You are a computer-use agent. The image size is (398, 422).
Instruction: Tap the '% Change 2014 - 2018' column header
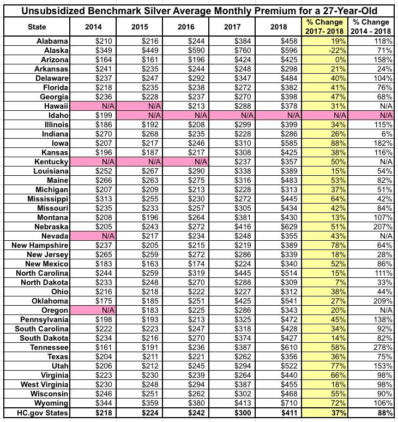371,26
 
